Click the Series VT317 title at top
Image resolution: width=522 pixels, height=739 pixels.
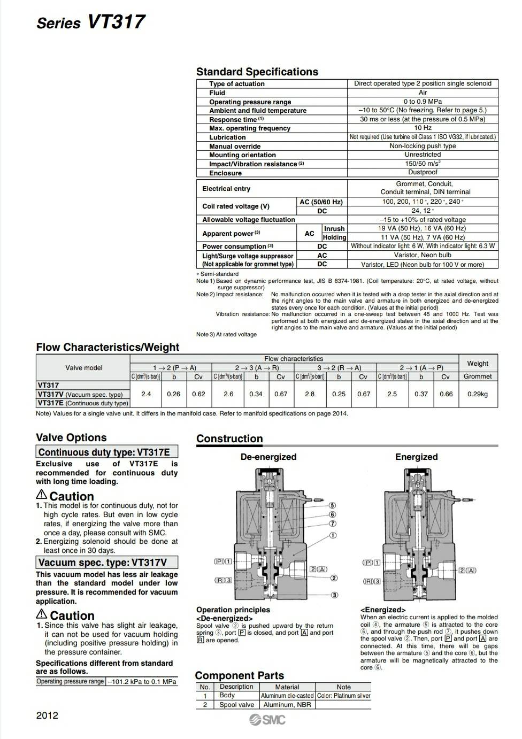[x=90, y=22]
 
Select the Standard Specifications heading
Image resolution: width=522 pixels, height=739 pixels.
[x=257, y=72]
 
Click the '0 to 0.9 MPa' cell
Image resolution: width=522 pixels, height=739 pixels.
[x=423, y=101]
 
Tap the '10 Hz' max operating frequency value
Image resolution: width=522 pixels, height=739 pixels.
[x=423, y=128]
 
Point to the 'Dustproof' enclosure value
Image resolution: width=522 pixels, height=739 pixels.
[x=423, y=172]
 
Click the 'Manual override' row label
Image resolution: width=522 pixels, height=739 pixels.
[x=235, y=146]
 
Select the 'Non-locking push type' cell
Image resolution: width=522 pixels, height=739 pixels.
[x=423, y=145]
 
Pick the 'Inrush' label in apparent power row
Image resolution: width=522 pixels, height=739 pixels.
[x=334, y=229]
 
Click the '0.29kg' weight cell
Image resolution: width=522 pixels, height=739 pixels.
[x=478, y=394]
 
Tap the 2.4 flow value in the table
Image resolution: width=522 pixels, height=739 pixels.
[x=146, y=394]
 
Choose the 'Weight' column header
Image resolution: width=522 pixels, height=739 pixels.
[x=478, y=364]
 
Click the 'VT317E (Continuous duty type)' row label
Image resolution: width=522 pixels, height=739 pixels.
[x=83, y=403]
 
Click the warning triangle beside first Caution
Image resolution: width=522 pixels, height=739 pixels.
[x=42, y=495]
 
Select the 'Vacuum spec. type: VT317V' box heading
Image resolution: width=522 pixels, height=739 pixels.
[x=103, y=563]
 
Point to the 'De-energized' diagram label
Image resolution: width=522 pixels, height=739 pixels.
[x=268, y=457]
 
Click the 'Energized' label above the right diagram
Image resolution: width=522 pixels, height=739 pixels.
[x=416, y=457]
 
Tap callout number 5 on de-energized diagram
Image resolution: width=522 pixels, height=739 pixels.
[x=332, y=505]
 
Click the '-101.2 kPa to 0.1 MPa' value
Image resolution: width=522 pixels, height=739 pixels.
[x=142, y=682]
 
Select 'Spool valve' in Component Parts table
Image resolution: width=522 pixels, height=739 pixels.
[x=236, y=705]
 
